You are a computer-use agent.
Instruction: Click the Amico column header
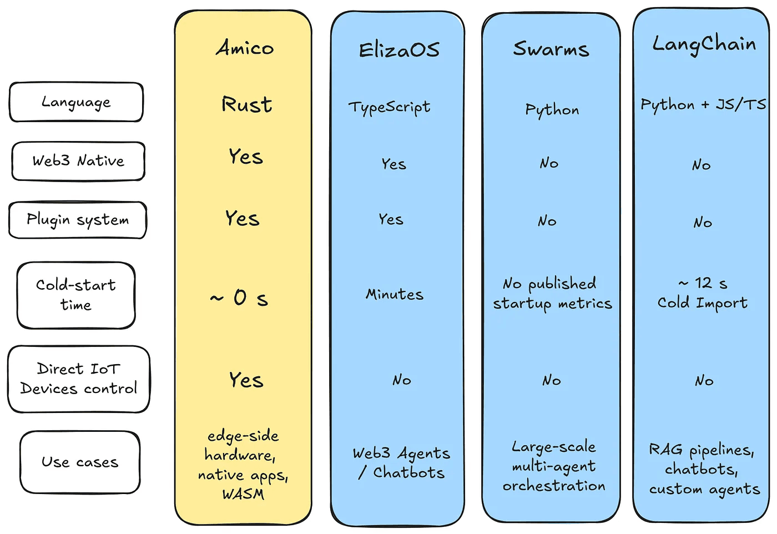point(245,48)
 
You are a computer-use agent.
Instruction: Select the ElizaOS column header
point(398,50)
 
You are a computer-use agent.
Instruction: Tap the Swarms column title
point(551,49)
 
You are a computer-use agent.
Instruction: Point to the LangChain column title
point(703,44)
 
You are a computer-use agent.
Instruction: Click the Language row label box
point(76,102)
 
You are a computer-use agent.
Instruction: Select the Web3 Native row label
point(78,161)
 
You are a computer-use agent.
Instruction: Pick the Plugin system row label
point(78,220)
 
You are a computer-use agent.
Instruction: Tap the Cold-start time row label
point(76,295)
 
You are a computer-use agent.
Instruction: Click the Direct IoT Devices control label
point(79,379)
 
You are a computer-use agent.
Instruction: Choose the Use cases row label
point(80,462)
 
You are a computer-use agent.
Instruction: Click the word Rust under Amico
point(247,104)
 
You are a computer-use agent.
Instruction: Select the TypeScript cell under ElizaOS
point(389,107)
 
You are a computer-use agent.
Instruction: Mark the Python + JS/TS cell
point(703,105)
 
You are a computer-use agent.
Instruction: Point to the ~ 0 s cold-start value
point(239,298)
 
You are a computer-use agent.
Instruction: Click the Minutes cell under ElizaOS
point(394,294)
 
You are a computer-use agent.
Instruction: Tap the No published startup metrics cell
point(552,294)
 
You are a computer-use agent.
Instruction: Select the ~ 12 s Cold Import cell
point(702,293)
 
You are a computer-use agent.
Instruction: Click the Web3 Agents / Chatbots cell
point(401,463)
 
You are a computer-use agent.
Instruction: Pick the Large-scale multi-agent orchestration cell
point(553,466)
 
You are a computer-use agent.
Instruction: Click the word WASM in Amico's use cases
point(243,494)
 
